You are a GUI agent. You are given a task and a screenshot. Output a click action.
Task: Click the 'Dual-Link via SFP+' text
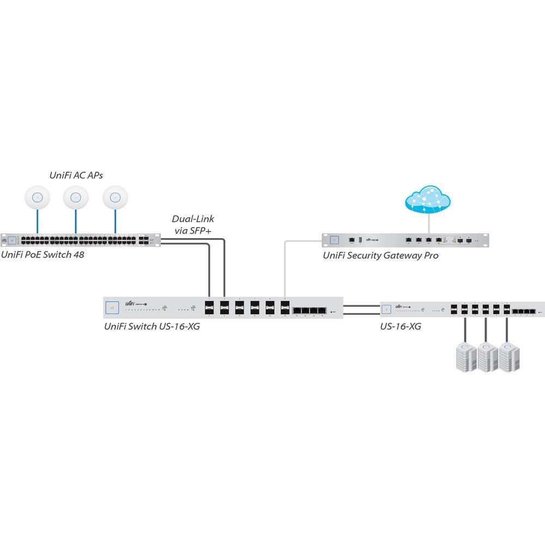tap(193, 224)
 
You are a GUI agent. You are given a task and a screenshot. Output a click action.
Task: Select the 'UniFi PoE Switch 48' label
tap(43, 255)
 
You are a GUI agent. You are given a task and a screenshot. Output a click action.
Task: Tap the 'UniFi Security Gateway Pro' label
tap(380, 255)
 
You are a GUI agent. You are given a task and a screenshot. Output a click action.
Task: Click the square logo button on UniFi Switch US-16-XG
tap(113, 308)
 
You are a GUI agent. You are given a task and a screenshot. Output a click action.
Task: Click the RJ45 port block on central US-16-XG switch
tap(310, 311)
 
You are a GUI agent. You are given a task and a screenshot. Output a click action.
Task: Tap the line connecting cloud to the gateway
tap(428, 223)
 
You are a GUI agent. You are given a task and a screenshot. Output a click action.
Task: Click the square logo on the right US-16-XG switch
tap(386, 309)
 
